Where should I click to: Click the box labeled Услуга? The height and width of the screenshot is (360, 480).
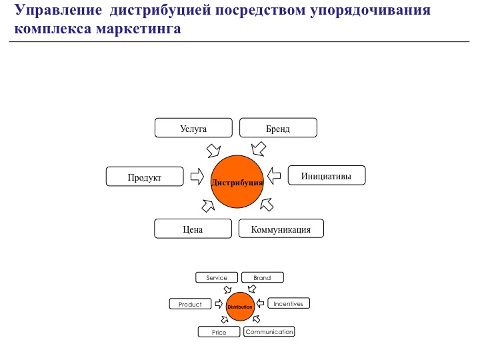pyautogui.click(x=193, y=128)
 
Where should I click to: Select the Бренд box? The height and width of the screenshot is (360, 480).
pyautogui.click(x=278, y=127)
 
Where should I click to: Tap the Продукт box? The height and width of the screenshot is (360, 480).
pyautogui.click(x=145, y=177)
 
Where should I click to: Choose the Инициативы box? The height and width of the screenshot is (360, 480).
pyautogui.click(x=327, y=175)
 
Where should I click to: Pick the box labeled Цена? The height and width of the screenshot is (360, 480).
pyautogui.click(x=193, y=229)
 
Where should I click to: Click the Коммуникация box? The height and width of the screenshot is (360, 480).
pyautogui.click(x=281, y=229)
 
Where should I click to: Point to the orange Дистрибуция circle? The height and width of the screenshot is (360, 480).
pyautogui.click(x=237, y=181)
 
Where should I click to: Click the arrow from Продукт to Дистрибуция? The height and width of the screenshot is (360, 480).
pyautogui.click(x=197, y=177)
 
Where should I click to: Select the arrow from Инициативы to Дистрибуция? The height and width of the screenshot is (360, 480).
pyautogui.click(x=274, y=176)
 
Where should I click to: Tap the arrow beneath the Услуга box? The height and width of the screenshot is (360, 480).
pyautogui.click(x=214, y=151)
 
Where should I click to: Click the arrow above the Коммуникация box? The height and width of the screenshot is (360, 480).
pyautogui.click(x=267, y=205)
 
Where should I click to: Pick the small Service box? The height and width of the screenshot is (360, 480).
pyautogui.click(x=217, y=277)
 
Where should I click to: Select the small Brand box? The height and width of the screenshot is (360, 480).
pyautogui.click(x=263, y=277)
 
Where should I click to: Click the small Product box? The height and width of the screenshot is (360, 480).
pyautogui.click(x=191, y=304)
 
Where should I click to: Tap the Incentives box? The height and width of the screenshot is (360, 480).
pyautogui.click(x=289, y=303)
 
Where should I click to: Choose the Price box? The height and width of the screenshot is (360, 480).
pyautogui.click(x=219, y=332)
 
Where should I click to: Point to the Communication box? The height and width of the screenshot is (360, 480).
pyautogui.click(x=269, y=331)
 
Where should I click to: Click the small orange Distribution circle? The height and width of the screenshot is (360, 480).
pyautogui.click(x=240, y=307)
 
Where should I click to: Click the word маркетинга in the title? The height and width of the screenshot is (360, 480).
pyautogui.click(x=139, y=29)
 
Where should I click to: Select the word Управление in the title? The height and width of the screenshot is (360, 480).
pyautogui.click(x=58, y=11)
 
